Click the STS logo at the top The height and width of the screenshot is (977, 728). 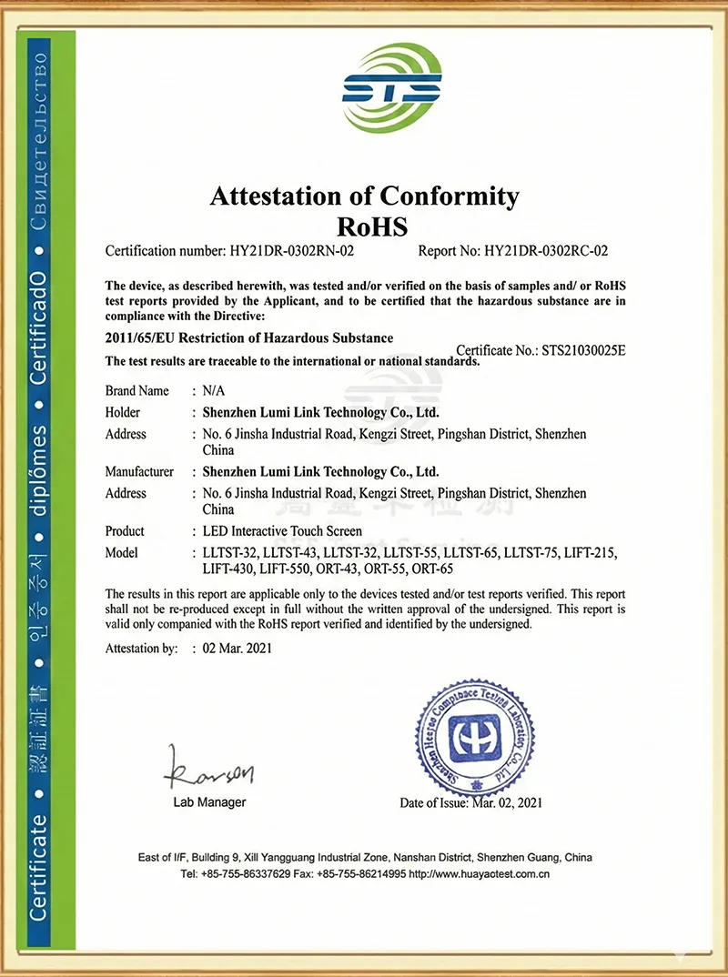(x=391, y=87)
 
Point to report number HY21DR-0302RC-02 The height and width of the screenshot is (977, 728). (x=546, y=250)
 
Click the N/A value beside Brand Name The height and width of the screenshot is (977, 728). (x=213, y=390)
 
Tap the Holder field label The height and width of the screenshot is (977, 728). (x=123, y=412)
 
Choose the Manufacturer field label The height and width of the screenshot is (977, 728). (x=139, y=471)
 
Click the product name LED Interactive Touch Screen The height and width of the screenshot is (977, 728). (x=282, y=530)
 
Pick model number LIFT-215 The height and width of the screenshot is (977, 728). (x=591, y=552)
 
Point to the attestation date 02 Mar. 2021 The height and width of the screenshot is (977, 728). (x=238, y=649)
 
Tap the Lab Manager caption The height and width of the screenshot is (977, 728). (x=209, y=802)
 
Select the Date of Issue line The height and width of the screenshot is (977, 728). (x=470, y=803)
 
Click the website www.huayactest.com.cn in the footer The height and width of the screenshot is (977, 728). (x=479, y=874)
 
